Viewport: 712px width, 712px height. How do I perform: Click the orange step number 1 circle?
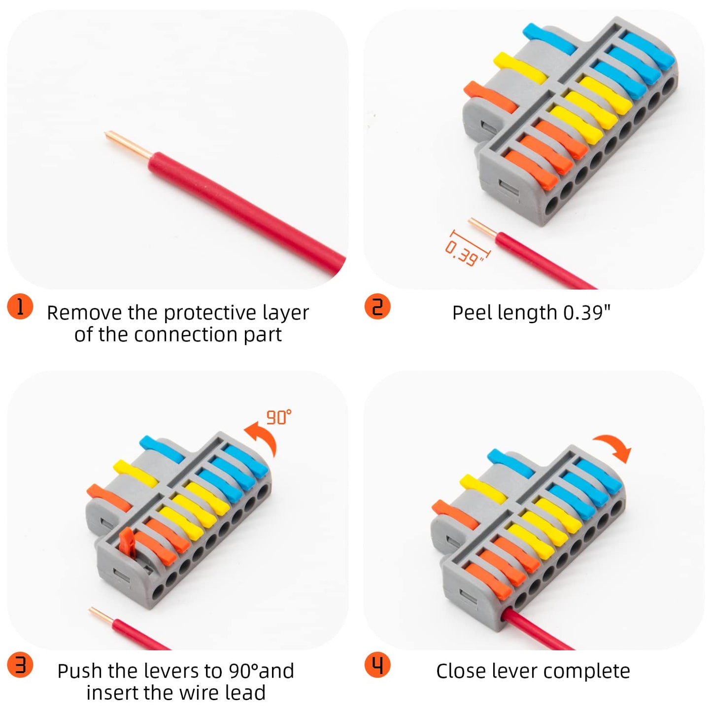coord(20,307)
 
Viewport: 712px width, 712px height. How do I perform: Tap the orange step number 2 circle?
coord(377,306)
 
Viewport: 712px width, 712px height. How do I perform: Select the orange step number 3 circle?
coord(20,665)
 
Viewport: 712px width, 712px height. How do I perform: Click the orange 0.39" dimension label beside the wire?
coord(464,253)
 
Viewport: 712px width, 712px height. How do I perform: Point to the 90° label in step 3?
coord(278,417)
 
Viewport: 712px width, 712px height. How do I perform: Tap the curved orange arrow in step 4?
coord(613,446)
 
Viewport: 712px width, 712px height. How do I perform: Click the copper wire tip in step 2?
coord(482,227)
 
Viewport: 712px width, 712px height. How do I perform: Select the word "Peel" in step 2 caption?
coord(472,313)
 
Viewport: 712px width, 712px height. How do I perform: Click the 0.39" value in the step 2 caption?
coord(586,313)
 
